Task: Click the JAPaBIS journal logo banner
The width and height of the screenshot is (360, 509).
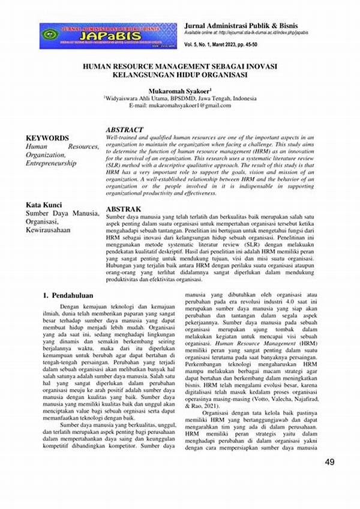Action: tap(108, 36)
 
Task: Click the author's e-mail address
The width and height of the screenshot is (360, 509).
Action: tap(179, 106)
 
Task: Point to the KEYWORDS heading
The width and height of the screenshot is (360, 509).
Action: tap(47, 137)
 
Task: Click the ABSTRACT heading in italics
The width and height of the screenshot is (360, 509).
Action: tap(124, 130)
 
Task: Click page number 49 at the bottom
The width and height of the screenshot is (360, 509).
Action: tap(329, 462)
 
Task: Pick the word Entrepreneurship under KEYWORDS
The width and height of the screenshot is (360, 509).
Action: tap(51, 163)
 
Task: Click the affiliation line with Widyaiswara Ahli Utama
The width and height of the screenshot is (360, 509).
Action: tap(179, 98)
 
